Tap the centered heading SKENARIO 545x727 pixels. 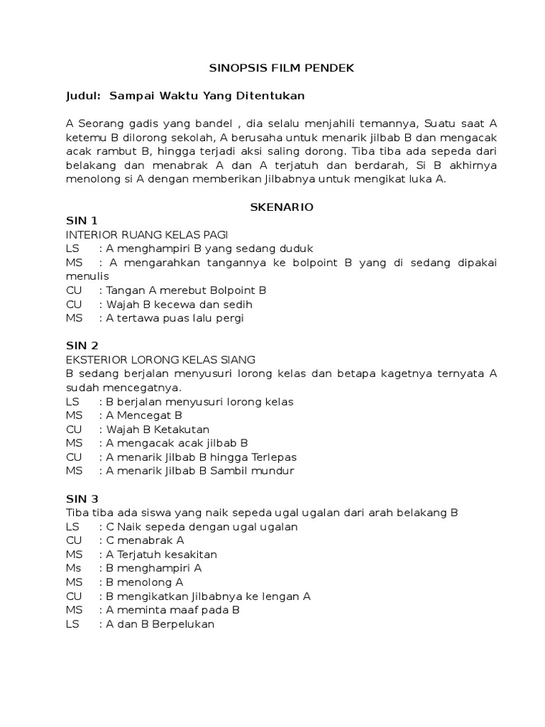[x=282, y=207]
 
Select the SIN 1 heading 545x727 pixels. [x=82, y=221]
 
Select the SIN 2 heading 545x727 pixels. [x=82, y=346]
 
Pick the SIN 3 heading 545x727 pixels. [x=82, y=498]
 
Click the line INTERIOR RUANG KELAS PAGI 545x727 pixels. [x=147, y=235]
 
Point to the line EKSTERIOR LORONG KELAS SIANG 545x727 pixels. [x=160, y=360]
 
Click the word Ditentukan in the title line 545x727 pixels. [x=262, y=96]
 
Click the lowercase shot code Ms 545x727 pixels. [x=73, y=568]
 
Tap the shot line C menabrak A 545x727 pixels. [x=145, y=540]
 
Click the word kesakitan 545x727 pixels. [x=190, y=554]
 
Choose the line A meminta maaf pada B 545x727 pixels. [x=172, y=610]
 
